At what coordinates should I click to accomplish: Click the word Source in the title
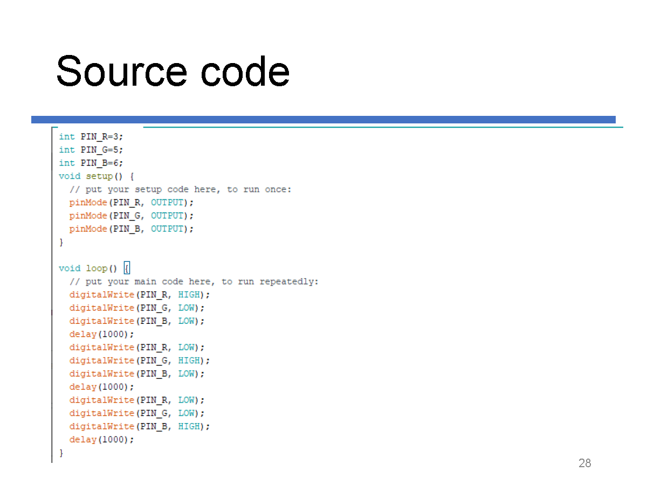[121, 71]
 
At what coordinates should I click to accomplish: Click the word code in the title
[245, 71]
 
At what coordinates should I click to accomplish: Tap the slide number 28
[584, 463]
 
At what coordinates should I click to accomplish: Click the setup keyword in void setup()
[99, 176]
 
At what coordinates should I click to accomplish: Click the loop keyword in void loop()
[97, 268]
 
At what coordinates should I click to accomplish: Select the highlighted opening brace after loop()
[127, 268]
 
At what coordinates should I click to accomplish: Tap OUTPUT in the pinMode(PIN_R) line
[167, 203]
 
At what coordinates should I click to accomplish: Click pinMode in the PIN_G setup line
[88, 216]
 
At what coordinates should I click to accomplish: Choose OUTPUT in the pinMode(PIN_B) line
[167, 229]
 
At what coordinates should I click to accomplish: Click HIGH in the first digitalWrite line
[189, 295]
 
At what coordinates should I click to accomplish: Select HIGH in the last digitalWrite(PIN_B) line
[189, 426]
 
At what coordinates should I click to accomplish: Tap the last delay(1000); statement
[101, 440]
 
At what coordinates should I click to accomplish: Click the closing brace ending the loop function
[61, 453]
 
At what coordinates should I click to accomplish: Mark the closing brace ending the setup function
[61, 242]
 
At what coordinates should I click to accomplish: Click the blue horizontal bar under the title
[323, 120]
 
